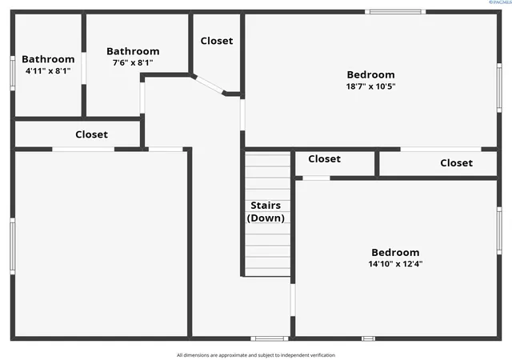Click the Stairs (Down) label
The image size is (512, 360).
coord(266,212)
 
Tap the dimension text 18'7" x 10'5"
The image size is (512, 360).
coord(370,86)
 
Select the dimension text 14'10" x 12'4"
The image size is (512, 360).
coord(395,264)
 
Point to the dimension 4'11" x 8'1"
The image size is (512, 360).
coord(48,70)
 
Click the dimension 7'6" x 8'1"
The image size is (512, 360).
coord(133,62)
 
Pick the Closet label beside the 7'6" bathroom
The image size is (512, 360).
coord(217,41)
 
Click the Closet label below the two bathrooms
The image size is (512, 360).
coord(91,134)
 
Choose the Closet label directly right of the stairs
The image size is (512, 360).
coord(324,158)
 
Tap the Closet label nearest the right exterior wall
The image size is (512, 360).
coord(456,162)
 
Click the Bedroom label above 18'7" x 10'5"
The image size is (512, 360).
coord(370,74)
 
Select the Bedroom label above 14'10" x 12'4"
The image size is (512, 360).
coord(395,252)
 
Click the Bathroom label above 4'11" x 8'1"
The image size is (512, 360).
coord(48,59)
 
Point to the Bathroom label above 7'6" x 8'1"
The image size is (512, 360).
coord(133,51)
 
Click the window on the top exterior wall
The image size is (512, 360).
coord(395,12)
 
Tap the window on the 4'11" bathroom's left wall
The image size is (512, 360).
coord(13,73)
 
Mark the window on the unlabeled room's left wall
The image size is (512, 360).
coord(13,246)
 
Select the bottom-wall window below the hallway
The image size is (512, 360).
coord(270,338)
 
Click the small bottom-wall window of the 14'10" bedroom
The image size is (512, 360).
coord(368,338)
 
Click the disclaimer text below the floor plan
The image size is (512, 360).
coord(256,355)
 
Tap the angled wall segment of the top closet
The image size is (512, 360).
coord(208,85)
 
